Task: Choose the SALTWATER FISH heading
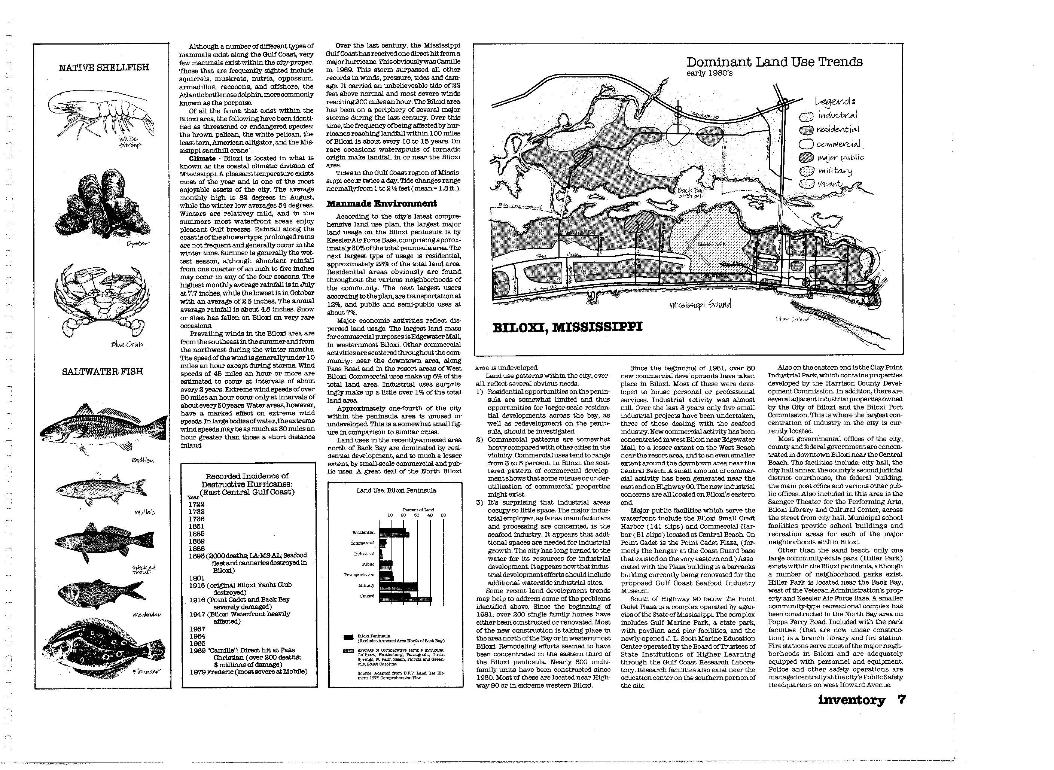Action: (103, 371)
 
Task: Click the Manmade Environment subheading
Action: (382, 204)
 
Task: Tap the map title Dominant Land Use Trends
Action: (774, 62)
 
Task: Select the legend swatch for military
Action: (807, 171)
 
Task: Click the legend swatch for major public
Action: (807, 158)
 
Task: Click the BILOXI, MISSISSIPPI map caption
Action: (567, 327)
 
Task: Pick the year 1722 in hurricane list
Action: (197, 504)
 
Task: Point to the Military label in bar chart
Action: (366, 585)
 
